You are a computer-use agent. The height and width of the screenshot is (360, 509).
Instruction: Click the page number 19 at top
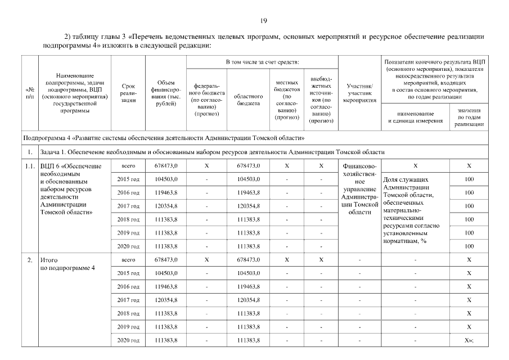(263, 21)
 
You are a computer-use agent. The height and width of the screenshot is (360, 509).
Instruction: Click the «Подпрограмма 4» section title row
(164, 137)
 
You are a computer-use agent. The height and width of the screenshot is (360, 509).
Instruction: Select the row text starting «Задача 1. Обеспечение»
(213, 152)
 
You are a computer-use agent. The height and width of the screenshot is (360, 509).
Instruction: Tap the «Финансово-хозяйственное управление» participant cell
(359, 189)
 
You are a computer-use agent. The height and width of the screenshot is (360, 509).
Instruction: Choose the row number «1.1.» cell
(30, 166)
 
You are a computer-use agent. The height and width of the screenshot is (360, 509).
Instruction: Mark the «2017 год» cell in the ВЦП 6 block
(128, 206)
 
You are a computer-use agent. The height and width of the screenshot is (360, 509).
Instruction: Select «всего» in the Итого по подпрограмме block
(128, 260)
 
